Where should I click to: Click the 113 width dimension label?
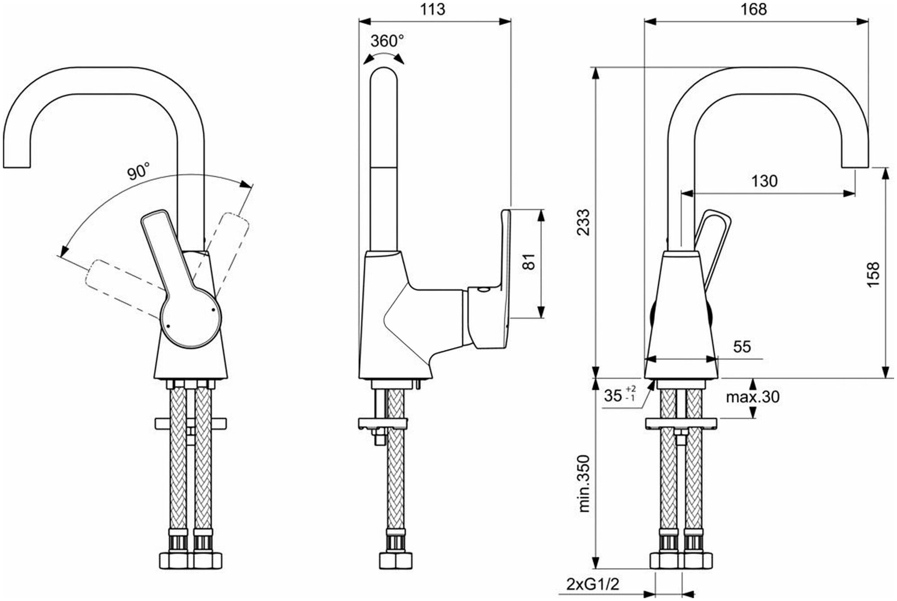[x=433, y=9]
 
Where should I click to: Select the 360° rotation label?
[x=387, y=42]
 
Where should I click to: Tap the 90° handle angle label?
[x=138, y=172]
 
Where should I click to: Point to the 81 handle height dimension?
[x=530, y=262]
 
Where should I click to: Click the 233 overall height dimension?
[x=583, y=222]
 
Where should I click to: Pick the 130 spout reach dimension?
[x=765, y=181]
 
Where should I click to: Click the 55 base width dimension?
[x=742, y=346]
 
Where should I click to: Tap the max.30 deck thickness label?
[x=753, y=396]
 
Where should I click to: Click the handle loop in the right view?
[x=713, y=238]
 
